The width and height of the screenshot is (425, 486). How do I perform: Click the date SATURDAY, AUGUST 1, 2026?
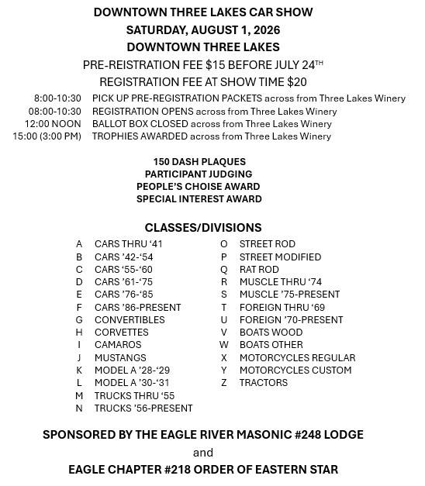pos(203,30)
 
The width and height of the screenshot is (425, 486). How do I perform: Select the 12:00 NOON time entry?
pos(53,124)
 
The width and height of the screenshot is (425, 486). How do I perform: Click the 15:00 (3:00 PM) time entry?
pos(47,136)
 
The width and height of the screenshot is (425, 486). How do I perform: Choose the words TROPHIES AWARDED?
pos(137,136)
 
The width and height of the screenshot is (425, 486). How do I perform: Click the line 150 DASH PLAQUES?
pos(199,161)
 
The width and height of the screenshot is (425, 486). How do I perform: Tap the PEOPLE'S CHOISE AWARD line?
pos(199,187)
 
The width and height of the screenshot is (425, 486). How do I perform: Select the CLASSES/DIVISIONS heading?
pos(203,228)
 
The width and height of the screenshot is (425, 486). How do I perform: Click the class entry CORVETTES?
pos(121,333)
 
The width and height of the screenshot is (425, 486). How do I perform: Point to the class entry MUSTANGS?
pos(120,358)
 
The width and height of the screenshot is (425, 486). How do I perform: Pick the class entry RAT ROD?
pos(259,270)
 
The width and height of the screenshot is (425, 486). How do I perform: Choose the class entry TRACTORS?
pos(264,383)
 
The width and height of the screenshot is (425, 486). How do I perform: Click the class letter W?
pos(224,345)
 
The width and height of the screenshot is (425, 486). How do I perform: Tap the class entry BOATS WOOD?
pos(271,333)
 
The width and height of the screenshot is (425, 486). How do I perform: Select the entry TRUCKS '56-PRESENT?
pos(143,408)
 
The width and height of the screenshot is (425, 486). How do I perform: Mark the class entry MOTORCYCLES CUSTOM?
pos(295,371)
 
